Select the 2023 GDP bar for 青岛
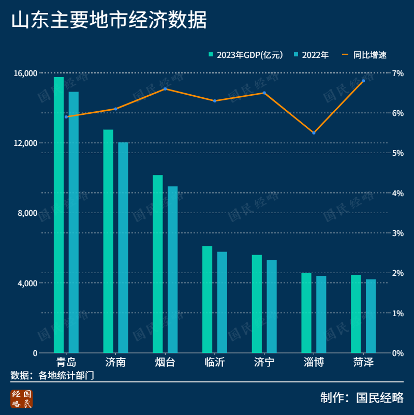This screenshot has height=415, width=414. click(x=58, y=215)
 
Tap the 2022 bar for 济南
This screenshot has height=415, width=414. click(x=123, y=247)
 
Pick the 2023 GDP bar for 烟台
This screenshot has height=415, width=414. click(x=158, y=264)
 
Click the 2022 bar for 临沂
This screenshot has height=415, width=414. click(x=222, y=302)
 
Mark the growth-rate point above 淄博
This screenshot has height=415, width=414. click(x=314, y=133)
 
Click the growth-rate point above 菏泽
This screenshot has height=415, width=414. click(x=363, y=81)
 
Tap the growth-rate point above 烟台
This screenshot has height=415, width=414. click(x=165, y=88)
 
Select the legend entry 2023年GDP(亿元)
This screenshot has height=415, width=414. click(x=246, y=55)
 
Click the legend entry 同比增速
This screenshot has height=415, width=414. click(x=365, y=55)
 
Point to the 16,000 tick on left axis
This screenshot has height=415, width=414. click(x=27, y=73)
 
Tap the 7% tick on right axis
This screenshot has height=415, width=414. click(x=397, y=73)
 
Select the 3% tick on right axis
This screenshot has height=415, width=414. click(x=397, y=233)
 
